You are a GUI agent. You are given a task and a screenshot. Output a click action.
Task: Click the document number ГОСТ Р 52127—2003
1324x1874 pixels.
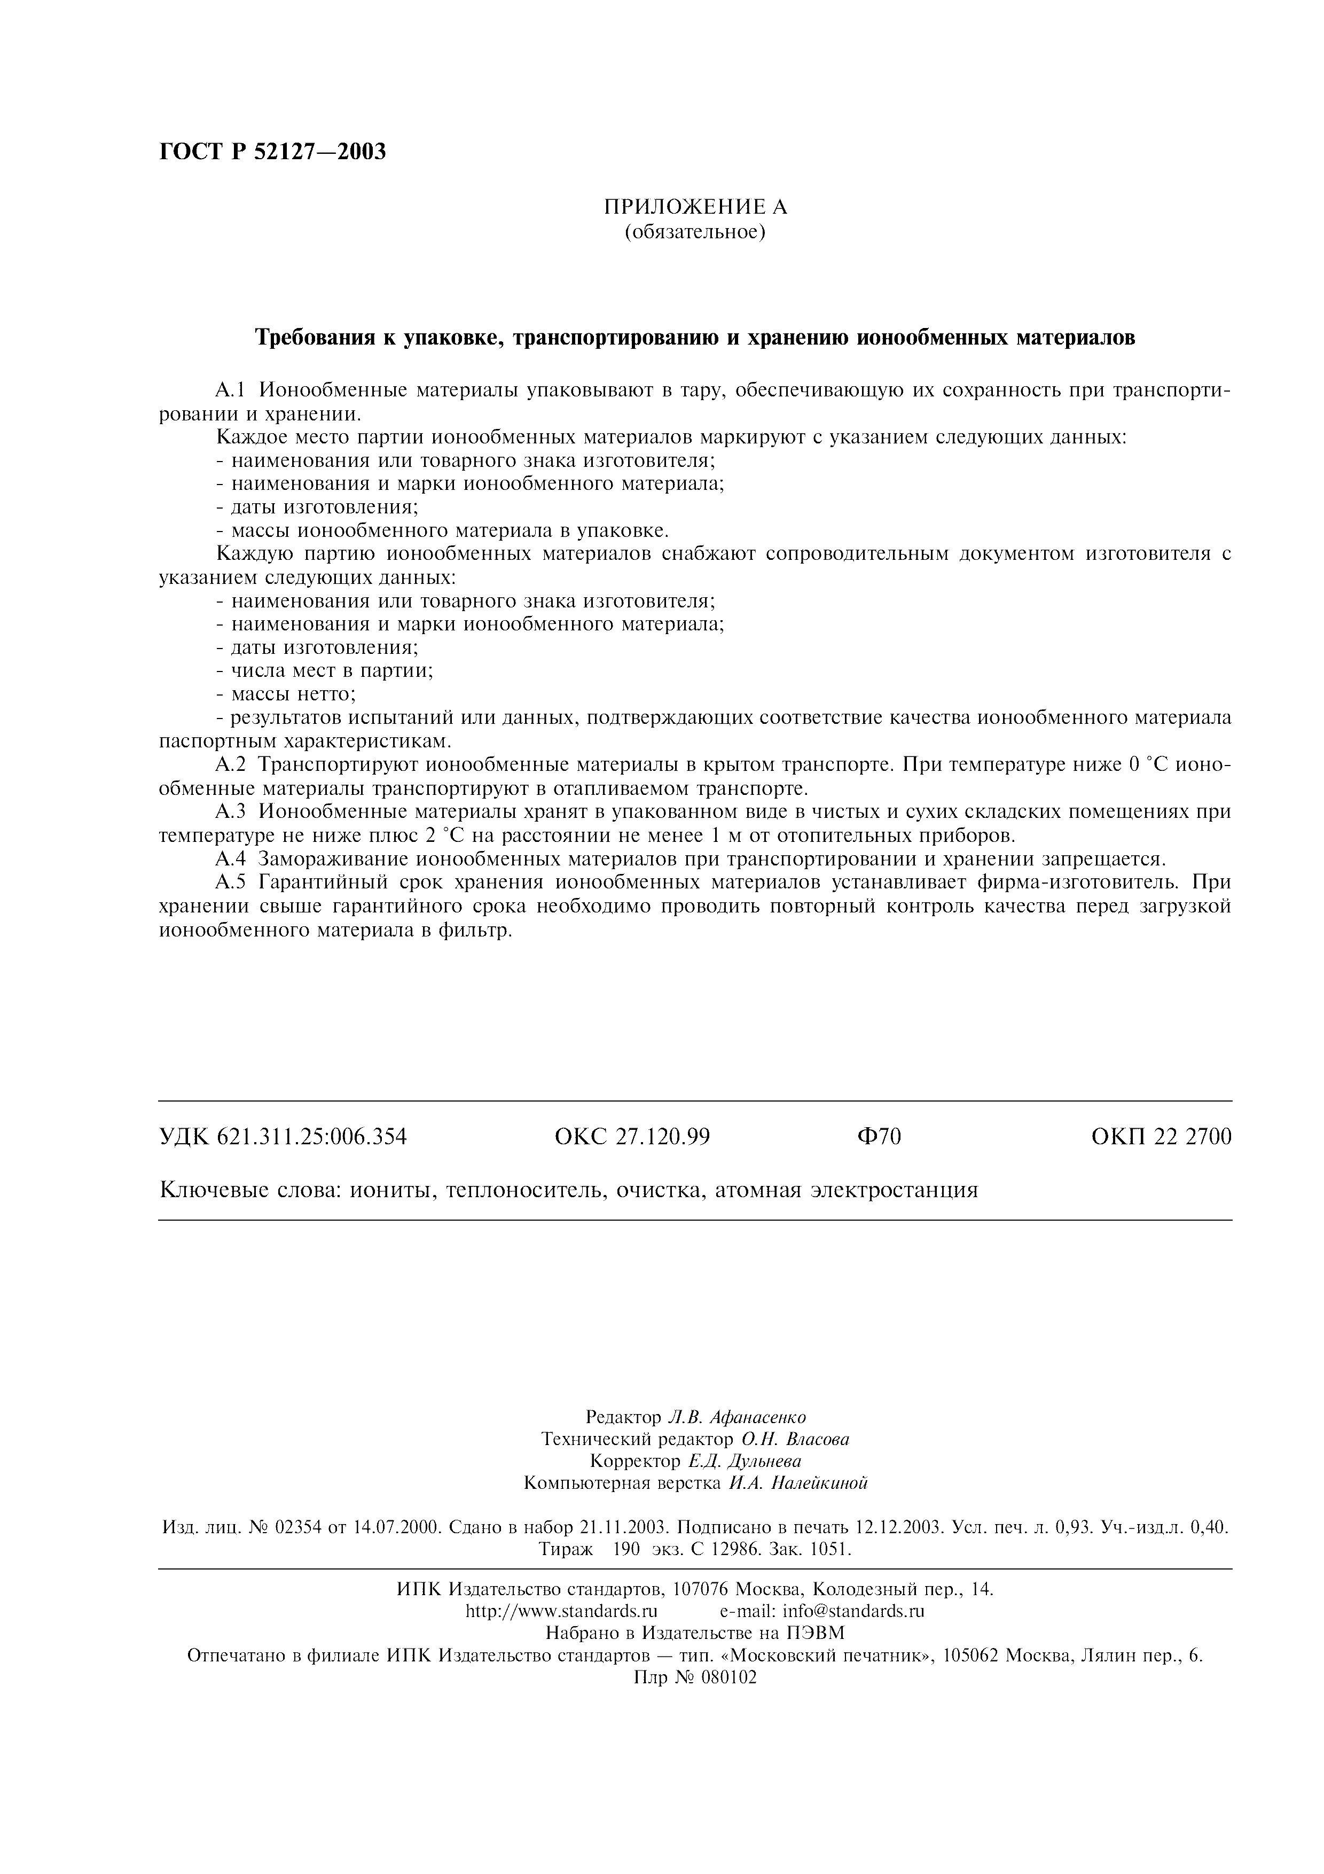(x=272, y=152)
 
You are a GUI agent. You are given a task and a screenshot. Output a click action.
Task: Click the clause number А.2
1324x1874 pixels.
(x=230, y=766)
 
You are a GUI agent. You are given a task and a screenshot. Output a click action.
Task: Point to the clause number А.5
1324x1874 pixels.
(x=230, y=883)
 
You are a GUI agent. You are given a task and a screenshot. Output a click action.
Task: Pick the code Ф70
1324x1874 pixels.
(x=879, y=1136)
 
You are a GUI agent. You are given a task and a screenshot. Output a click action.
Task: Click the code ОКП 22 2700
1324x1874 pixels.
(x=1161, y=1136)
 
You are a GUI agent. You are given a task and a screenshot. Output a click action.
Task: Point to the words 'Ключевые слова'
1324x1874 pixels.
(x=249, y=1191)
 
